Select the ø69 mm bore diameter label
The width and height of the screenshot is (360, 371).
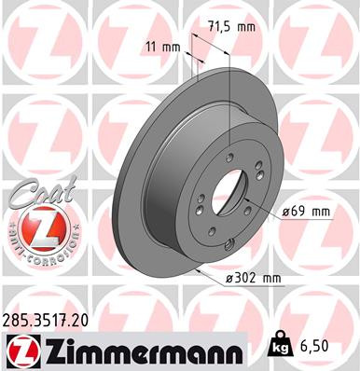point(308,212)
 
